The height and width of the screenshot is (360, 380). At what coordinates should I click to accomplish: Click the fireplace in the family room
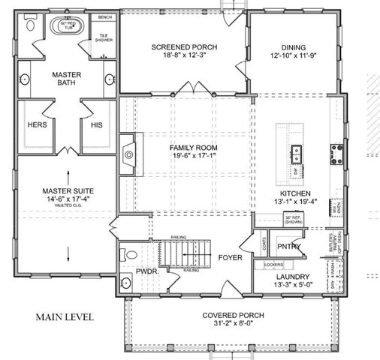click(x=128, y=154)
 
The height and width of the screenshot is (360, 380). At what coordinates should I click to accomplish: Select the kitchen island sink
click(x=296, y=154)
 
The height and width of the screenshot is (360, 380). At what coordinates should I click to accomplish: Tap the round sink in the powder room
click(x=126, y=283)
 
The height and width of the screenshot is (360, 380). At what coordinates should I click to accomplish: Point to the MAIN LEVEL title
click(x=64, y=316)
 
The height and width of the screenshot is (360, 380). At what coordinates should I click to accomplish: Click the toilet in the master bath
click(x=29, y=25)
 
